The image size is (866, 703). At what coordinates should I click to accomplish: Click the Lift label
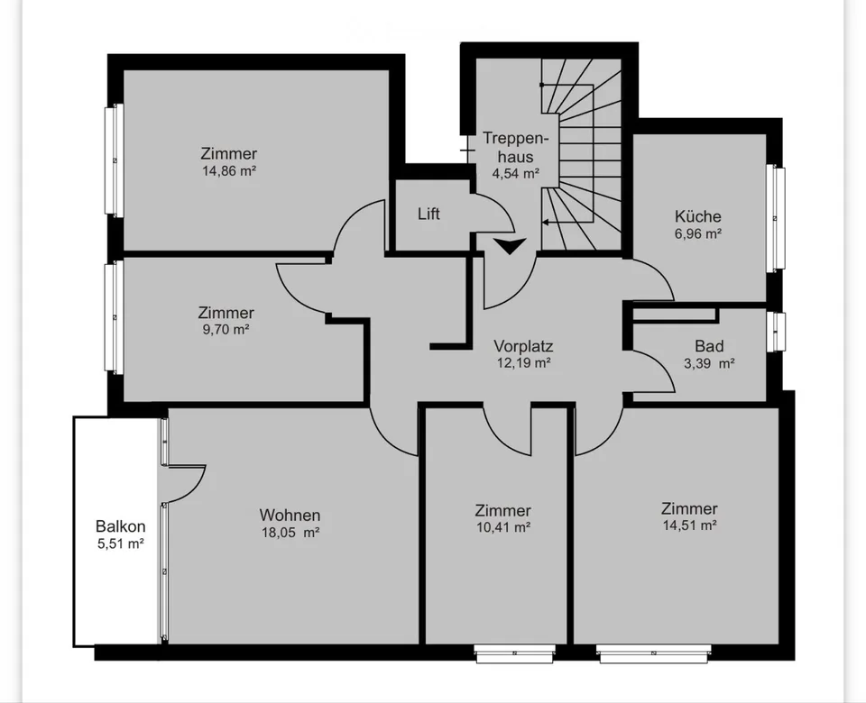point(428,214)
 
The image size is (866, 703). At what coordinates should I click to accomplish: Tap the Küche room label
point(697,216)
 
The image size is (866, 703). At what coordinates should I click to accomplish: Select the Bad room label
point(709,346)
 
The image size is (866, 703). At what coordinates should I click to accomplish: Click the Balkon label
point(120,525)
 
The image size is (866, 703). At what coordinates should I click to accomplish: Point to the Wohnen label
point(290,515)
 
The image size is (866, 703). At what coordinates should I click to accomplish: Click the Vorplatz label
point(523,346)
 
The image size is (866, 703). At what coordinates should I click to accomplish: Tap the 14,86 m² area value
point(228,170)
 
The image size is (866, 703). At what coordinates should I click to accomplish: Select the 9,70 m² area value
point(226,330)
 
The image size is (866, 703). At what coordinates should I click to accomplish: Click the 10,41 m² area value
point(503,527)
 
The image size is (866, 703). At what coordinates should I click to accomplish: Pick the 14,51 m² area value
point(690,525)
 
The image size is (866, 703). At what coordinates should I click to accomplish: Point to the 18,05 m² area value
point(290,533)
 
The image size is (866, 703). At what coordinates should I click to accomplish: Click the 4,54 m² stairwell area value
point(515,173)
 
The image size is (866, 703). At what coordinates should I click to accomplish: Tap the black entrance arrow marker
point(511,246)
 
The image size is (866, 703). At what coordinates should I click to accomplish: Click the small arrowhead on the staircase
point(546,223)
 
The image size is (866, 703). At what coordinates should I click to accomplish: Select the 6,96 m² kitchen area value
point(697,234)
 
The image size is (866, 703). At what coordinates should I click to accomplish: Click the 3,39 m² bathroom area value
point(709,363)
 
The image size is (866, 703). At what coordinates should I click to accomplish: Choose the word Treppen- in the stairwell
point(516,138)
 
